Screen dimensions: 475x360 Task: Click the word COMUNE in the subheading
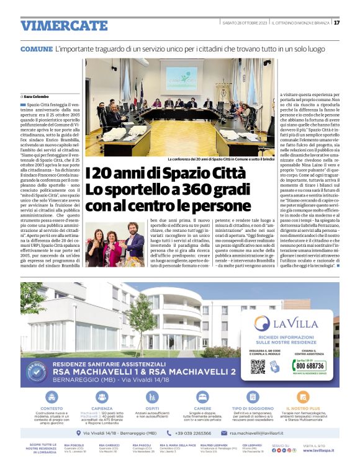(36, 48)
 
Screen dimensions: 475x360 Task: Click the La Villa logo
(290, 323)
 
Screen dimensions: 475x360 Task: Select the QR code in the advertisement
(258, 366)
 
